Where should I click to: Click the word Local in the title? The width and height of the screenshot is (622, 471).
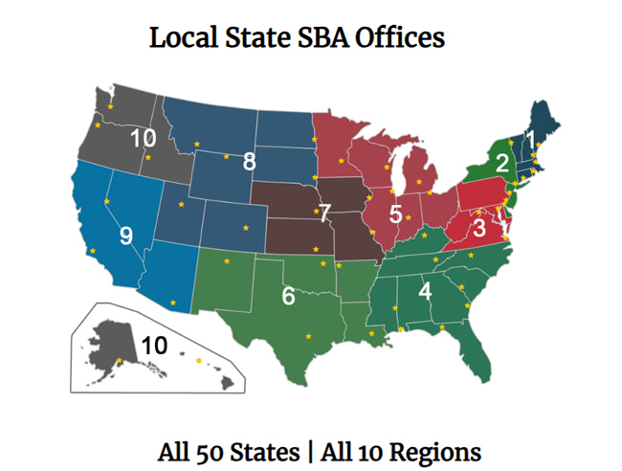[181, 38]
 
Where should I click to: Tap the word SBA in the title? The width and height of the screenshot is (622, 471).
[319, 38]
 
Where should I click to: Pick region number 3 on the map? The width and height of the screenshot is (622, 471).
[480, 228]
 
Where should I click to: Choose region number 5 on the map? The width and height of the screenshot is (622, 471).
[395, 214]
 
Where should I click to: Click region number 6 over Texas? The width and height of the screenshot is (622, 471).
[288, 297]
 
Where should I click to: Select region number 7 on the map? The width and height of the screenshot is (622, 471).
[324, 212]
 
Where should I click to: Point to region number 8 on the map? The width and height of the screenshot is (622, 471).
[249, 161]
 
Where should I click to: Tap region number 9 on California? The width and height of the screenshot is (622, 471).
[125, 235]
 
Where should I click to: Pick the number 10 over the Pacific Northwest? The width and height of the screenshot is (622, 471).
[143, 138]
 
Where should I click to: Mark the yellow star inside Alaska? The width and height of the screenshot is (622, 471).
[119, 360]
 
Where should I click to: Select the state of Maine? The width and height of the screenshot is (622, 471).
[552, 124]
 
